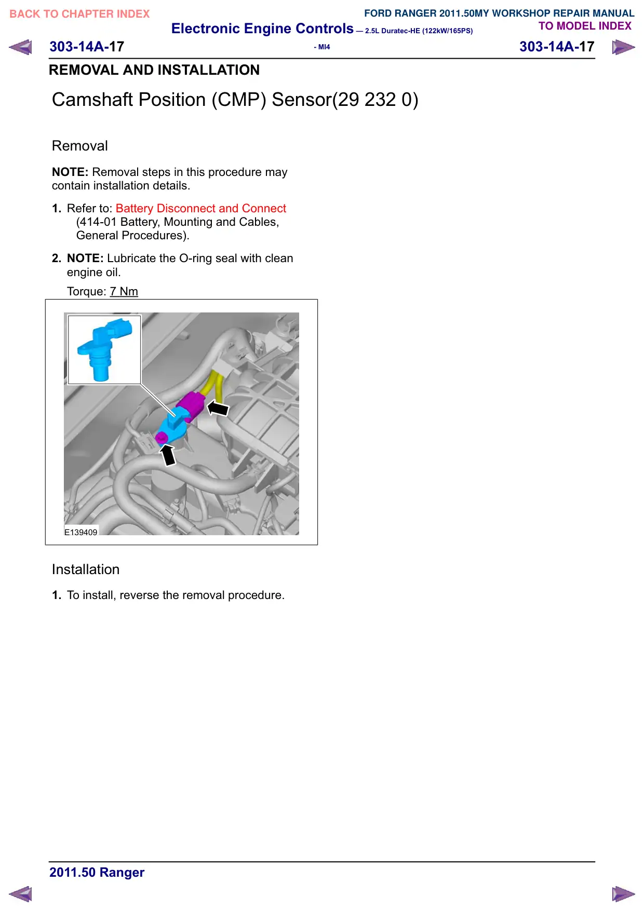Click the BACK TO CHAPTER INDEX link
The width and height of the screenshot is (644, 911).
(79, 14)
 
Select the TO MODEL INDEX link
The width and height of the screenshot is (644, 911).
(585, 26)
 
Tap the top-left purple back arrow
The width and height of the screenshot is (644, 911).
(20, 47)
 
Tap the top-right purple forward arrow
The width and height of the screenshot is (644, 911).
(623, 47)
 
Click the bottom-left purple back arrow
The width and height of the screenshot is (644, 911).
(20, 894)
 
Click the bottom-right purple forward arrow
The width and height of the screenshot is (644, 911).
(623, 894)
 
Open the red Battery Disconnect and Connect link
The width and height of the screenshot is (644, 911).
(201, 208)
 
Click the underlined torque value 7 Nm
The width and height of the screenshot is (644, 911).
(124, 291)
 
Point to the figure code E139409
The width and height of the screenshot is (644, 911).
(81, 532)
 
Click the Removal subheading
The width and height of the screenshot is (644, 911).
(80, 146)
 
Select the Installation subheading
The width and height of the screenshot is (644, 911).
(86, 569)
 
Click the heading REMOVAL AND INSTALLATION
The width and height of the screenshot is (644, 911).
(154, 70)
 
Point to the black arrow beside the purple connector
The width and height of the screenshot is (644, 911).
(218, 408)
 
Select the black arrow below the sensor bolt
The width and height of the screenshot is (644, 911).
(168, 455)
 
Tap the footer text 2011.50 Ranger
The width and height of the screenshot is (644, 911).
(97, 873)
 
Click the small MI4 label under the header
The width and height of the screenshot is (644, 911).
(322, 47)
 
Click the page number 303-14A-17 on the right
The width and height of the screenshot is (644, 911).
(557, 47)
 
